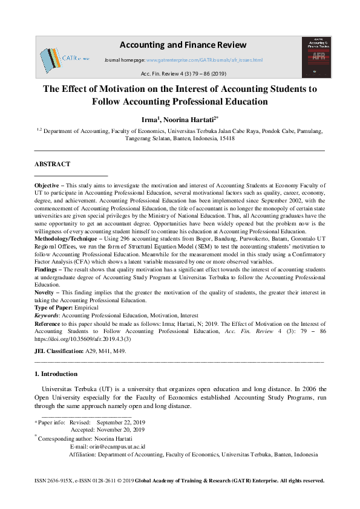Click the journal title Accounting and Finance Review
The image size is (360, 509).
(183, 45)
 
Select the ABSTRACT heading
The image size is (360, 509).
(53, 164)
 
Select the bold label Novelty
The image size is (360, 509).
(47, 292)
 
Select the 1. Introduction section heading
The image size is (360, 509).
(56, 374)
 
